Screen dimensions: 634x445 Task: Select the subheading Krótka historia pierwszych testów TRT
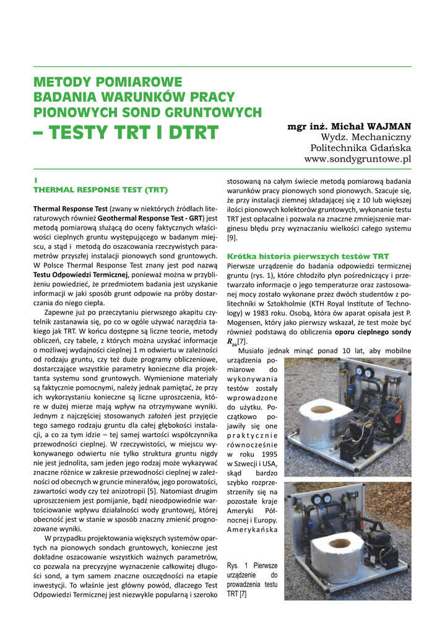[308, 256]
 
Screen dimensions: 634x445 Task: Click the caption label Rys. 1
[238, 566]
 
